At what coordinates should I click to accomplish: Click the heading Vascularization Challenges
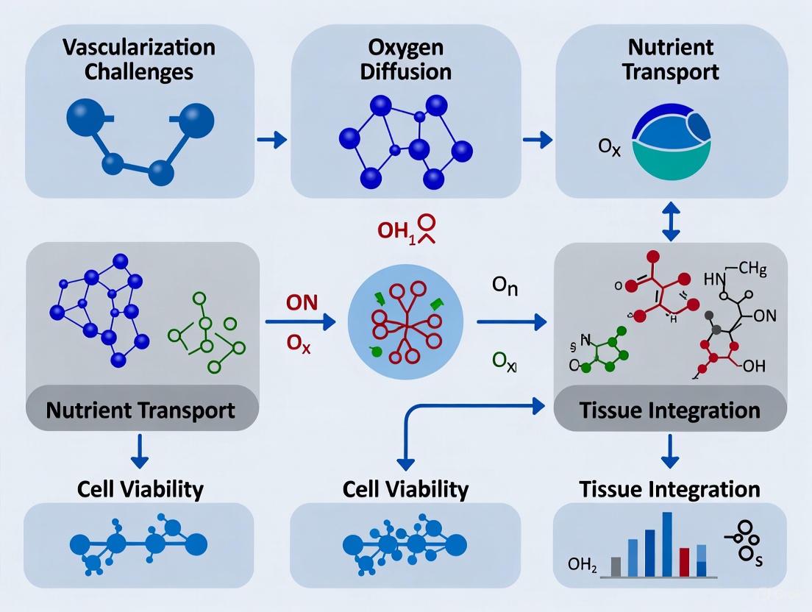click(x=139, y=60)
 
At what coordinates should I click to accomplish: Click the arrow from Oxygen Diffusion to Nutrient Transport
click(x=538, y=138)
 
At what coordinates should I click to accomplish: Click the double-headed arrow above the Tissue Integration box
click(x=670, y=220)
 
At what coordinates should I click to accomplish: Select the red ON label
click(x=297, y=302)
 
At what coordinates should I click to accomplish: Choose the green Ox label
click(x=505, y=361)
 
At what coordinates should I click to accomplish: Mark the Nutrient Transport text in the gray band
click(x=140, y=410)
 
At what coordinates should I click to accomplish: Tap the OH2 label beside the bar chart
click(x=584, y=565)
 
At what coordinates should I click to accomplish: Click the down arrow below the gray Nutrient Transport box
click(x=140, y=451)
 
